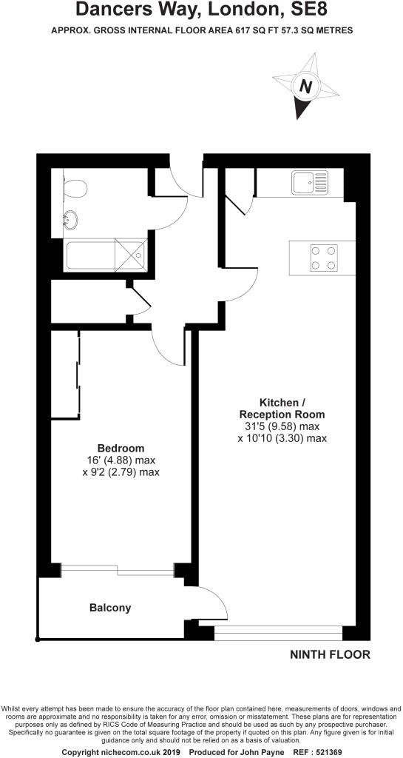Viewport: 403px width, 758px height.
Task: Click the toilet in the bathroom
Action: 75,188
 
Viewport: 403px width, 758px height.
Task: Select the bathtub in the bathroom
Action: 105,255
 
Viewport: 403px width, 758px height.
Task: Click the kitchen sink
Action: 309,183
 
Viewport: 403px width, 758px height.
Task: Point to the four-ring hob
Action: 324,258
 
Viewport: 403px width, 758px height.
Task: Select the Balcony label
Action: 110,608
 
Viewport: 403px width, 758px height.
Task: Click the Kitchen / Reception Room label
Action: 282,409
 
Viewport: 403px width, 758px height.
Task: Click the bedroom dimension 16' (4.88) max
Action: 121,460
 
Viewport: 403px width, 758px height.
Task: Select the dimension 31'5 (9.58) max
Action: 282,426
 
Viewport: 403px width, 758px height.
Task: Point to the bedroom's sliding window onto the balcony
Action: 118,571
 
